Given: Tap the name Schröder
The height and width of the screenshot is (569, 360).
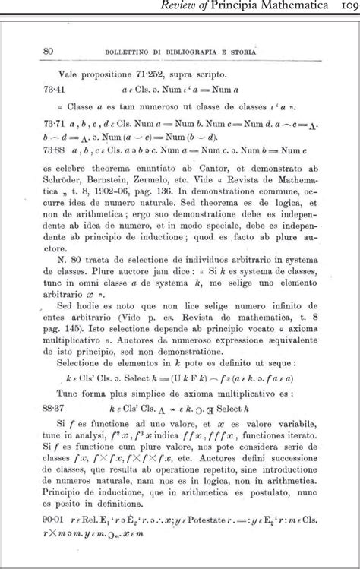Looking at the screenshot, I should (65, 182).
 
